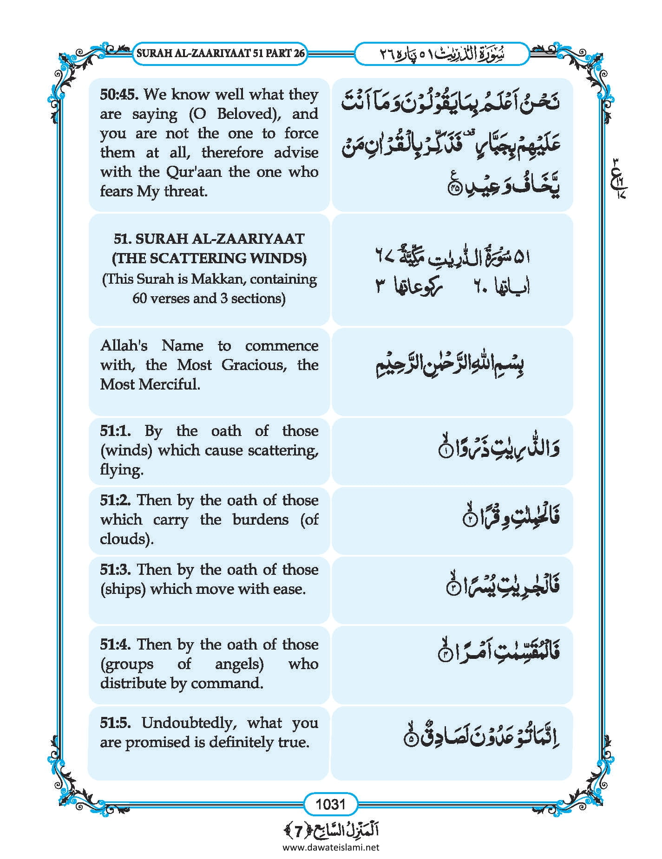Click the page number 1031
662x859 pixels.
(x=330, y=803)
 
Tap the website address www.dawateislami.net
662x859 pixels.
(x=331, y=847)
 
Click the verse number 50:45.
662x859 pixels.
(x=119, y=95)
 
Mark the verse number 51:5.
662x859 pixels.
(x=116, y=723)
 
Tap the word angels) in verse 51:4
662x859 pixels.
(x=239, y=664)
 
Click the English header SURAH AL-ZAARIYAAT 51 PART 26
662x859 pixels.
(x=221, y=53)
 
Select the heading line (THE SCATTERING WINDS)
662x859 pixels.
(x=209, y=259)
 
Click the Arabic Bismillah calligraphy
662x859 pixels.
(x=450, y=365)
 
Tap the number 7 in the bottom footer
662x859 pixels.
(x=298, y=831)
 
